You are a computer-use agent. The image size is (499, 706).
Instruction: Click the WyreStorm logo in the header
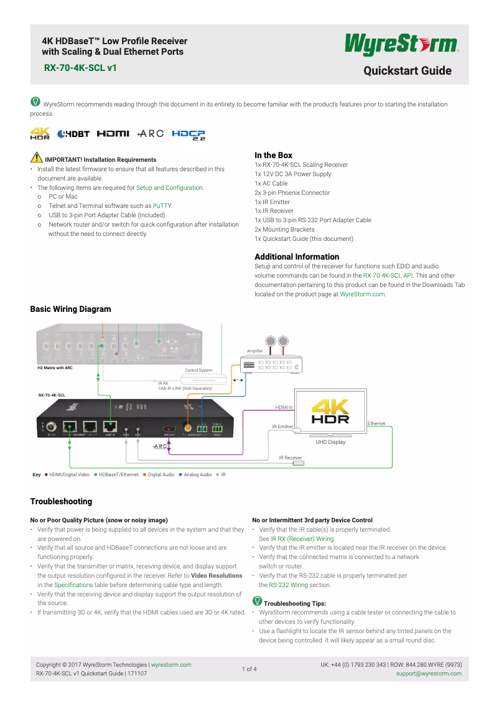pos(402,45)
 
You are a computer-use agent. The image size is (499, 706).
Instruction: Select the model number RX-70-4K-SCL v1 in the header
pos(80,67)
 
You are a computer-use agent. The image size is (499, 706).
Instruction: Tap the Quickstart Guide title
pos(407,70)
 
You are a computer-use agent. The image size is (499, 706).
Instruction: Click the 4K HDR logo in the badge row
pos(40,134)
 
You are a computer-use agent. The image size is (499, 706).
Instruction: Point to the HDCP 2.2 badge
pos(189,134)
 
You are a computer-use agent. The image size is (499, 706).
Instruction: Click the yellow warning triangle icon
pos(37,159)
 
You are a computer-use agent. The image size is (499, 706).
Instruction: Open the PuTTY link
pos(162,205)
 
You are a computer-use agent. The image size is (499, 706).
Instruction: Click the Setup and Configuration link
pos(170,187)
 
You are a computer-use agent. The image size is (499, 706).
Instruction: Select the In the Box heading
pos(273,155)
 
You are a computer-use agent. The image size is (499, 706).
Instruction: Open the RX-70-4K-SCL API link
pos(388,275)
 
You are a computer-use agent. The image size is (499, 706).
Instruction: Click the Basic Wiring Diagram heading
pos(70,309)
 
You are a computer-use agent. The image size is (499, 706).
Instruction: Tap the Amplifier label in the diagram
pos(254,352)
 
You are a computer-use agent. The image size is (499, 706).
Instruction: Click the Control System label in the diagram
pos(198,370)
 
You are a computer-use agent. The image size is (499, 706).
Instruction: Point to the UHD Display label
pos(330,442)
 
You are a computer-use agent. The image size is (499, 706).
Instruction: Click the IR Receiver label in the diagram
pos(290,458)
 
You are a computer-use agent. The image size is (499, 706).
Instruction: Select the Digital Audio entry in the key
pos(161,474)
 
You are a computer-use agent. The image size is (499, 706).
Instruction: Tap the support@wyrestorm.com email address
pos(429,674)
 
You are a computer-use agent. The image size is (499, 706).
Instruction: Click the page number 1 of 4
pos(249,669)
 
